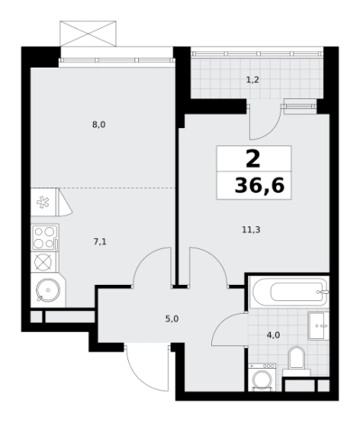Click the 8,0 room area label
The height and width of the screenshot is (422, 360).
pyautogui.click(x=98, y=124)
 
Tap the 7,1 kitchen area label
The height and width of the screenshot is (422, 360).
pyautogui.click(x=100, y=242)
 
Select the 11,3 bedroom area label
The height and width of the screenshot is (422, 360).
pyautogui.click(x=251, y=230)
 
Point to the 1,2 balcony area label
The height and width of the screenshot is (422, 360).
pyautogui.click(x=253, y=80)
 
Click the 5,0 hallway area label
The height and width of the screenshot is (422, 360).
pyautogui.click(x=172, y=318)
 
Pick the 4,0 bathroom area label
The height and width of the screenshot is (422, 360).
pyautogui.click(x=273, y=335)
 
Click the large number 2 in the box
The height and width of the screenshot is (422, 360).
pyautogui.click(x=253, y=160)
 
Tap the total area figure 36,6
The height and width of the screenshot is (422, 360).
pyautogui.click(x=260, y=186)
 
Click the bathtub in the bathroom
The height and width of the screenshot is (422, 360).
pyautogui.click(x=289, y=291)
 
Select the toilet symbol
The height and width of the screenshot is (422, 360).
pyautogui.click(x=296, y=360)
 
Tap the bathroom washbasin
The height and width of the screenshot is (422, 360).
pyautogui.click(x=318, y=326)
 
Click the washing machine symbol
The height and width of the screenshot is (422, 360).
pyautogui.click(x=262, y=377)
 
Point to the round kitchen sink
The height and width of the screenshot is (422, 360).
pyautogui.click(x=48, y=290)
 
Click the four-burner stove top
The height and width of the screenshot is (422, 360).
pyautogui.click(x=44, y=237)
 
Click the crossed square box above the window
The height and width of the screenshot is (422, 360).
pyautogui.click(x=88, y=33)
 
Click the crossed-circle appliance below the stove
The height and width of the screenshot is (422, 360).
pyautogui.click(x=44, y=262)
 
